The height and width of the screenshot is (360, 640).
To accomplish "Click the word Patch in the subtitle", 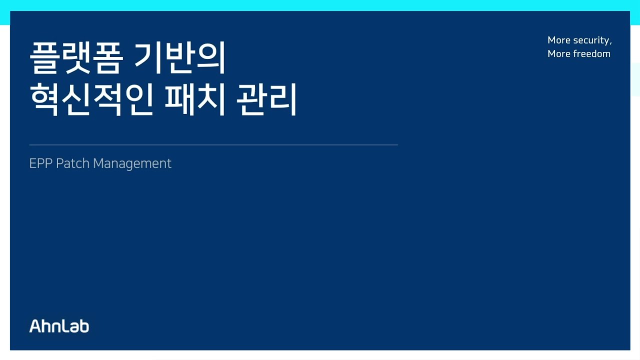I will (x=72, y=163).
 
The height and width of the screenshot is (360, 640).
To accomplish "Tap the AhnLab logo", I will (x=59, y=326).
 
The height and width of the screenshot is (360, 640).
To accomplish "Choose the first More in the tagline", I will (x=559, y=40).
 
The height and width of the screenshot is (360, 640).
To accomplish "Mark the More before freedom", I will (x=559, y=54).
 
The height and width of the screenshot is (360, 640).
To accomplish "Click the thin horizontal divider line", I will (x=213, y=145).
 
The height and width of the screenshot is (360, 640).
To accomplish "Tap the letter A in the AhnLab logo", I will (x=35, y=326).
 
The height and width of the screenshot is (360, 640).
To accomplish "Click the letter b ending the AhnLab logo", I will (x=84, y=326).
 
